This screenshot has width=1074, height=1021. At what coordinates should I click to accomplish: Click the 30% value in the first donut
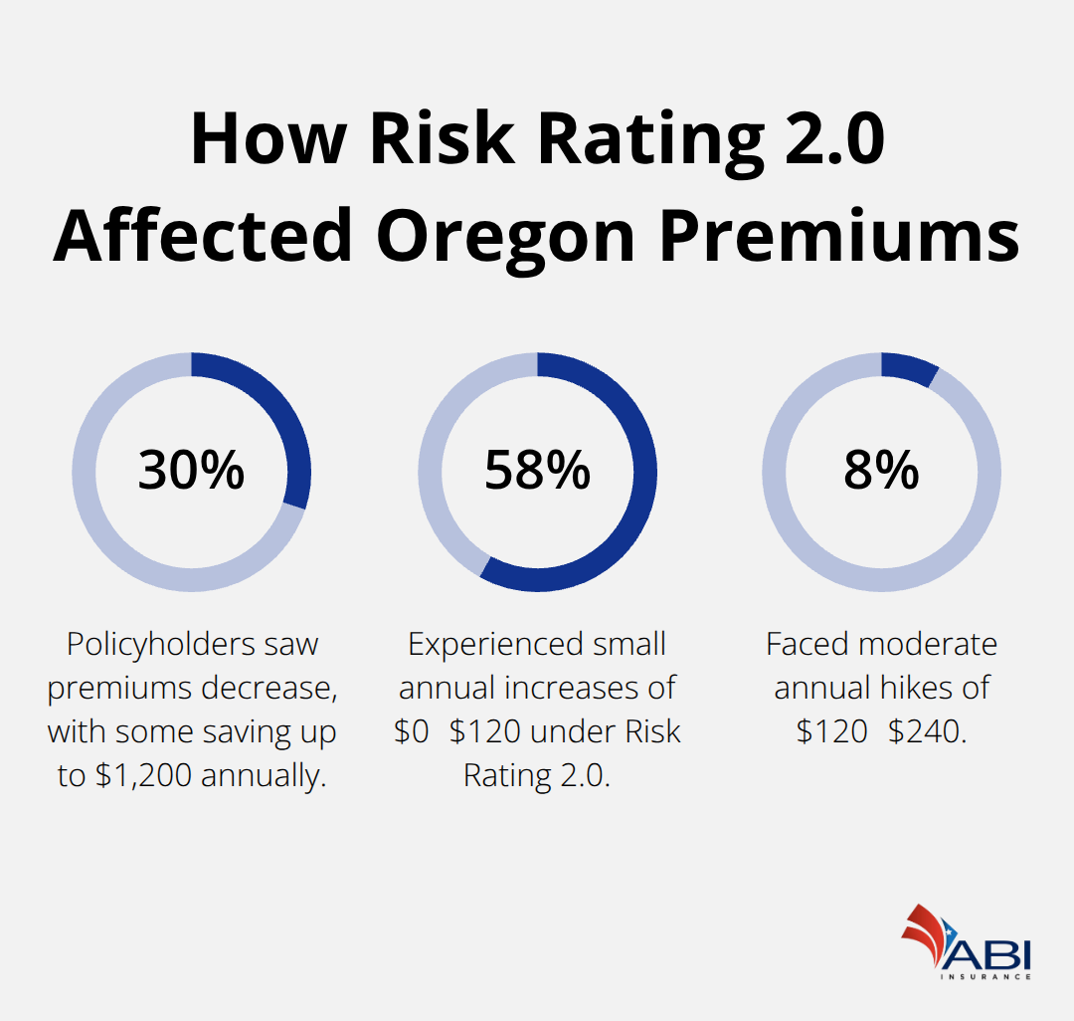pyautogui.click(x=191, y=471)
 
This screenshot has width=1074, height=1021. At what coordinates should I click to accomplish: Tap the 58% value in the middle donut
pyautogui.click(x=537, y=471)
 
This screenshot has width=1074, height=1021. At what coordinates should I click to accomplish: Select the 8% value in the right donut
pyautogui.click(x=881, y=471)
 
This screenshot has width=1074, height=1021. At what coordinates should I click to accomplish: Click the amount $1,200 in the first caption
pyautogui.click(x=143, y=776)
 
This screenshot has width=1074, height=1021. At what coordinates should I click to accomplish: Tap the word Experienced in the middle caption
pyautogui.click(x=489, y=645)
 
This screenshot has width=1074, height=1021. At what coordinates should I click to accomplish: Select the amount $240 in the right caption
pyautogui.click(x=927, y=732)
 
